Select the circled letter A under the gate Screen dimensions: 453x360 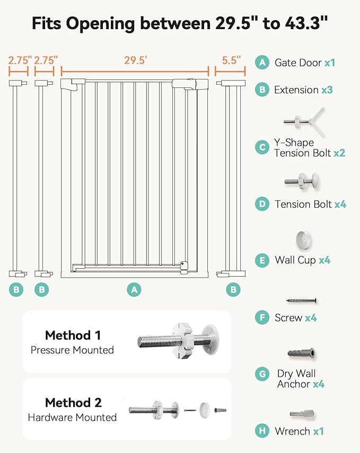[x=134, y=290]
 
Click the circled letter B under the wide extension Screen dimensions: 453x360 [x=233, y=290]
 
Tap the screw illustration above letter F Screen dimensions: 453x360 [x=302, y=301]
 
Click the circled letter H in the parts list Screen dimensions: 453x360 [x=262, y=431]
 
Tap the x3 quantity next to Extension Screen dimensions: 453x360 [x=327, y=90]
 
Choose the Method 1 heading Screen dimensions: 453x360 [x=73, y=335]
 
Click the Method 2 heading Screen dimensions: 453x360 [x=73, y=403]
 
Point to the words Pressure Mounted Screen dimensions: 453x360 [x=72, y=350]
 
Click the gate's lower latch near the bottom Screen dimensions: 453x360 [x=184, y=267]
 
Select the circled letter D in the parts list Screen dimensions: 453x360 [x=262, y=205]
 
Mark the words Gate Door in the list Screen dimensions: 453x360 [x=298, y=63]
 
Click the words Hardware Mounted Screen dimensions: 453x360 [x=72, y=418]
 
